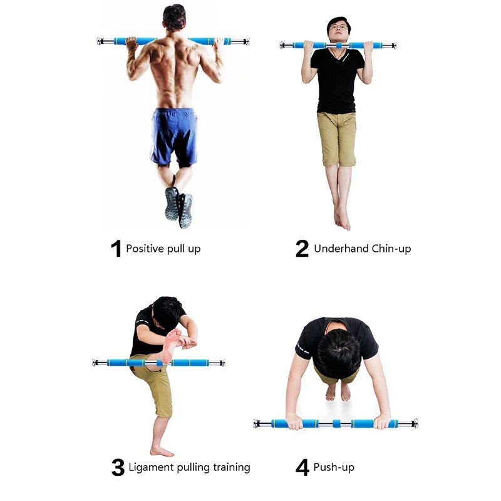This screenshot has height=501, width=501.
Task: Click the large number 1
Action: tap(115, 249)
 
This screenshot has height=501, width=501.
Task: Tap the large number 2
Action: tap(302, 249)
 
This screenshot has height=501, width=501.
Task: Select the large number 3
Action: tap(118, 467)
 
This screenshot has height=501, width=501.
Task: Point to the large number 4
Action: tap(302, 467)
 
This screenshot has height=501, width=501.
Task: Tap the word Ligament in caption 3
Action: tap(150, 467)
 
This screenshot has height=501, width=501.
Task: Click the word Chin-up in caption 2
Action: tap(392, 249)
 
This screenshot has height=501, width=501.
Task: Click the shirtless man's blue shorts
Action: tap(174, 135)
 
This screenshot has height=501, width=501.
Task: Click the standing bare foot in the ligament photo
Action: tap(161, 451)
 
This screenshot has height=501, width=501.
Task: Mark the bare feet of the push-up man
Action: tap(338, 392)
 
